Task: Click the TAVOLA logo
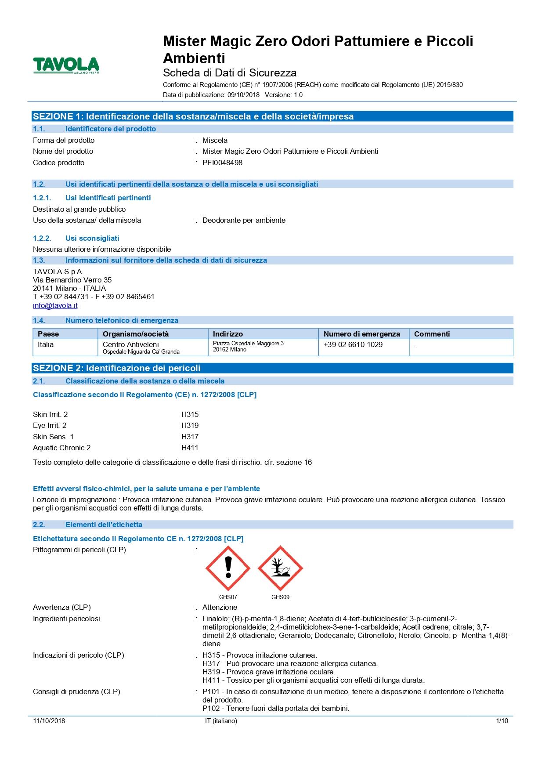66,65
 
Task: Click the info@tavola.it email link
55,305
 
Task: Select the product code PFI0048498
222,163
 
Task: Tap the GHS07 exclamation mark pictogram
228,568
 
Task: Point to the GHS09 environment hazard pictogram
280,568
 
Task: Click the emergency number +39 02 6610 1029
353,344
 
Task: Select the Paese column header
48,334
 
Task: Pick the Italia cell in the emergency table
46,344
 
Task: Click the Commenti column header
432,334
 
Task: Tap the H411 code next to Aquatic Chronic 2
190,448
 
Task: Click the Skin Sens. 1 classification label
53,437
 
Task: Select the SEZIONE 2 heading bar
272,368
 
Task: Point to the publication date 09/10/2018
243,94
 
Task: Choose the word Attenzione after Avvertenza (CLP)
220,607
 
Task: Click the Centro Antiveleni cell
131,344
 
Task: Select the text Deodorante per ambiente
244,220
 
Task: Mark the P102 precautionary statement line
275,708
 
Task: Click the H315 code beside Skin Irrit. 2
190,414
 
